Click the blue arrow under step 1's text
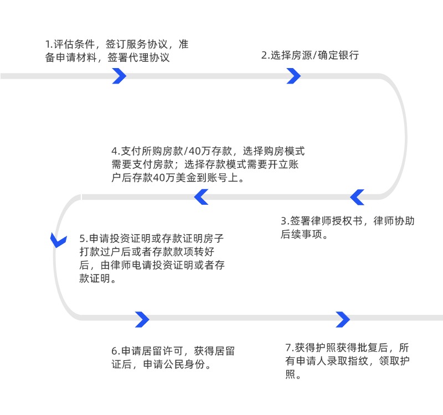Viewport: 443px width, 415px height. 119,76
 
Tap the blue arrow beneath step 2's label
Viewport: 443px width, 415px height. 293,76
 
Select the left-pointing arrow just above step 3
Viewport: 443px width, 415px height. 357,196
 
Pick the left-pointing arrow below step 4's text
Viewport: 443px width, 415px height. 200,196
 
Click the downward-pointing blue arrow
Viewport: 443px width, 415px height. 56,240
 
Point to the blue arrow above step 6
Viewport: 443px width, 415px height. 142,319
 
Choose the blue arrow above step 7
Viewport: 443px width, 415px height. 343,319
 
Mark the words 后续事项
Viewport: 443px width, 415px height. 303,234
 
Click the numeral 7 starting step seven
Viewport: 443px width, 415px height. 288,348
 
